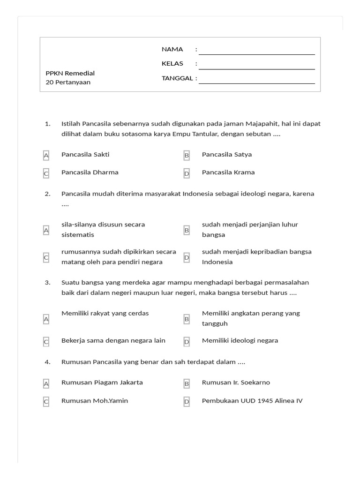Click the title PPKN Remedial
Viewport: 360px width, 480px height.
coord(70,73)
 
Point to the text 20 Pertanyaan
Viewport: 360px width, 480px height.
coord(68,82)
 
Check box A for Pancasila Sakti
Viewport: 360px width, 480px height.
coord(46,155)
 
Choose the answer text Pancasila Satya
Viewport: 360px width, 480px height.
coord(226,154)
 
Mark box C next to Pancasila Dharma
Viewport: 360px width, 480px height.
coord(46,173)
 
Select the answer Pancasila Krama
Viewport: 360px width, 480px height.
coord(228,172)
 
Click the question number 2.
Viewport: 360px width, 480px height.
coord(47,194)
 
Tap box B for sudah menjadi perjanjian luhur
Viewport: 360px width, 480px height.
coord(187,230)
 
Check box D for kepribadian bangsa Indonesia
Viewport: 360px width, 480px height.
coord(187,257)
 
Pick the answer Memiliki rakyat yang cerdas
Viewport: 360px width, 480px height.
coord(105,313)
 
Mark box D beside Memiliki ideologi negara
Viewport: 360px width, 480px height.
coord(187,342)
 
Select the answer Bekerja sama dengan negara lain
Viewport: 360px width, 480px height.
coord(113,340)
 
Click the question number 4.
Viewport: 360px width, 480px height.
coord(47,362)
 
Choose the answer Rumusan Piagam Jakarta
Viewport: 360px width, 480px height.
coord(102,382)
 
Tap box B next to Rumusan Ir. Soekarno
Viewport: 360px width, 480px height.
coord(187,383)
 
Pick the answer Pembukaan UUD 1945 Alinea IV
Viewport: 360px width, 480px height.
coord(252,401)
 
